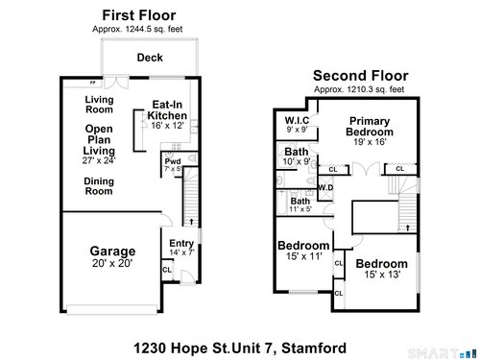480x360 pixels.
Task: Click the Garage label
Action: click(112, 252)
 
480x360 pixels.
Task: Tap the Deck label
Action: click(150, 58)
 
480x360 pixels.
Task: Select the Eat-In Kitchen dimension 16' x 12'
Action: click(167, 126)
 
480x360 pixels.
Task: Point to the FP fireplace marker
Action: click(93, 83)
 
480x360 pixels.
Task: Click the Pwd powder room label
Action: click(173, 161)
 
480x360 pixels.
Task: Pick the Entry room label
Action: click(181, 244)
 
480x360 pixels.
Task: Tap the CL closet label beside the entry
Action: click(167, 270)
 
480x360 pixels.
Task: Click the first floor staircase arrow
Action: click(191, 222)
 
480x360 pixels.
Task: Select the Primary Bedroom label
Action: click(370, 127)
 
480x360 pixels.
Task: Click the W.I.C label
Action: click(297, 120)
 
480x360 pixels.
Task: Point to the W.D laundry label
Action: click(325, 187)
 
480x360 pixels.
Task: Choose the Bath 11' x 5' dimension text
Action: click(300, 209)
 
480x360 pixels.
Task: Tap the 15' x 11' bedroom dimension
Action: click(304, 256)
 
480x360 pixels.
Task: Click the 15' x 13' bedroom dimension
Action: click(382, 275)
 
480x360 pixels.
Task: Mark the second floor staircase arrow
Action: click(408, 228)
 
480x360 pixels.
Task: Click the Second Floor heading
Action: click(361, 76)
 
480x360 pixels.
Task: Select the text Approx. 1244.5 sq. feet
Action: click(137, 29)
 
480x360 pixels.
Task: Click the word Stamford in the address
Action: click(314, 348)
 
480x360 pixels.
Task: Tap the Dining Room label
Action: click(99, 186)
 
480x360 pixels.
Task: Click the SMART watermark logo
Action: click(442, 353)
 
